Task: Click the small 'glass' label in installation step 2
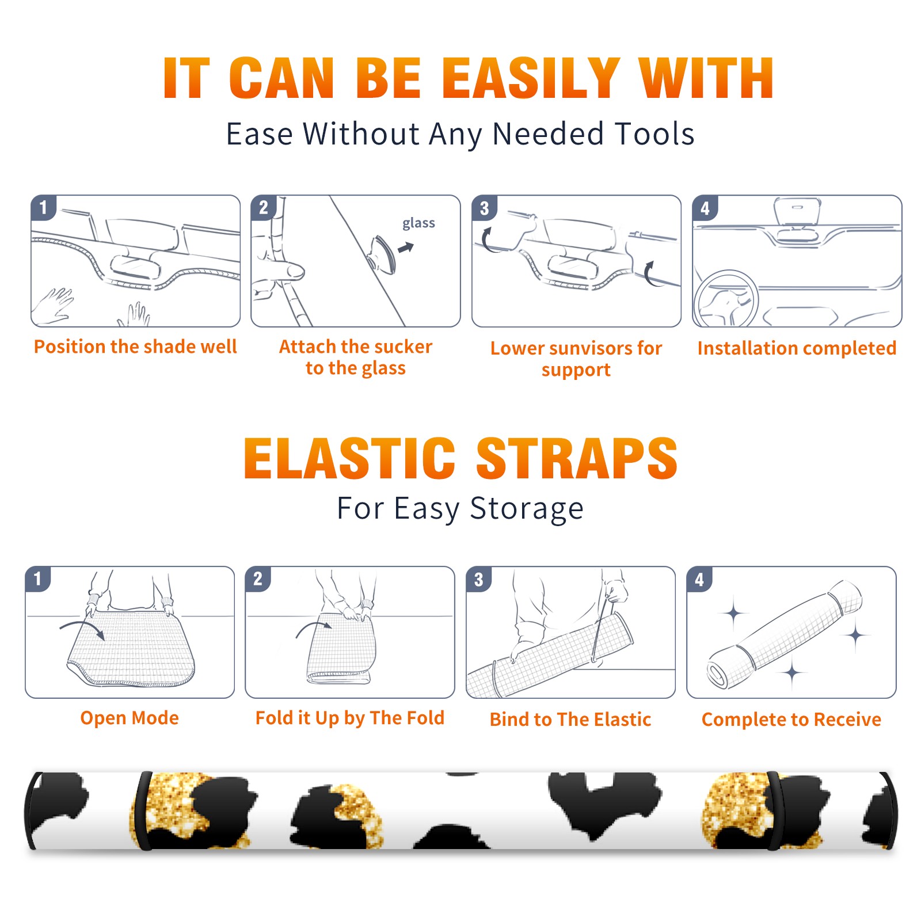(x=418, y=223)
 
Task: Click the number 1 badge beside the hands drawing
(x=44, y=207)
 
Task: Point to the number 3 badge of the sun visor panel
(x=485, y=208)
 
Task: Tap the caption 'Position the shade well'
(x=135, y=347)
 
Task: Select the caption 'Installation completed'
(x=797, y=348)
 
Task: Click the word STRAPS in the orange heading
(x=577, y=458)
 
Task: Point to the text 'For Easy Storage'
(x=461, y=508)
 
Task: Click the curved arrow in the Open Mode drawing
(x=82, y=626)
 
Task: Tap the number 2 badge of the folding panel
(x=258, y=579)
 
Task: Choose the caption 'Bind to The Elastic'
(x=570, y=720)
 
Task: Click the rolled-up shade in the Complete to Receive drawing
(x=785, y=634)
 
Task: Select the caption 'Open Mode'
(x=130, y=718)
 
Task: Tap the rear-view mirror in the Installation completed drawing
(x=797, y=212)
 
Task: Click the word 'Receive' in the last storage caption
(x=847, y=720)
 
